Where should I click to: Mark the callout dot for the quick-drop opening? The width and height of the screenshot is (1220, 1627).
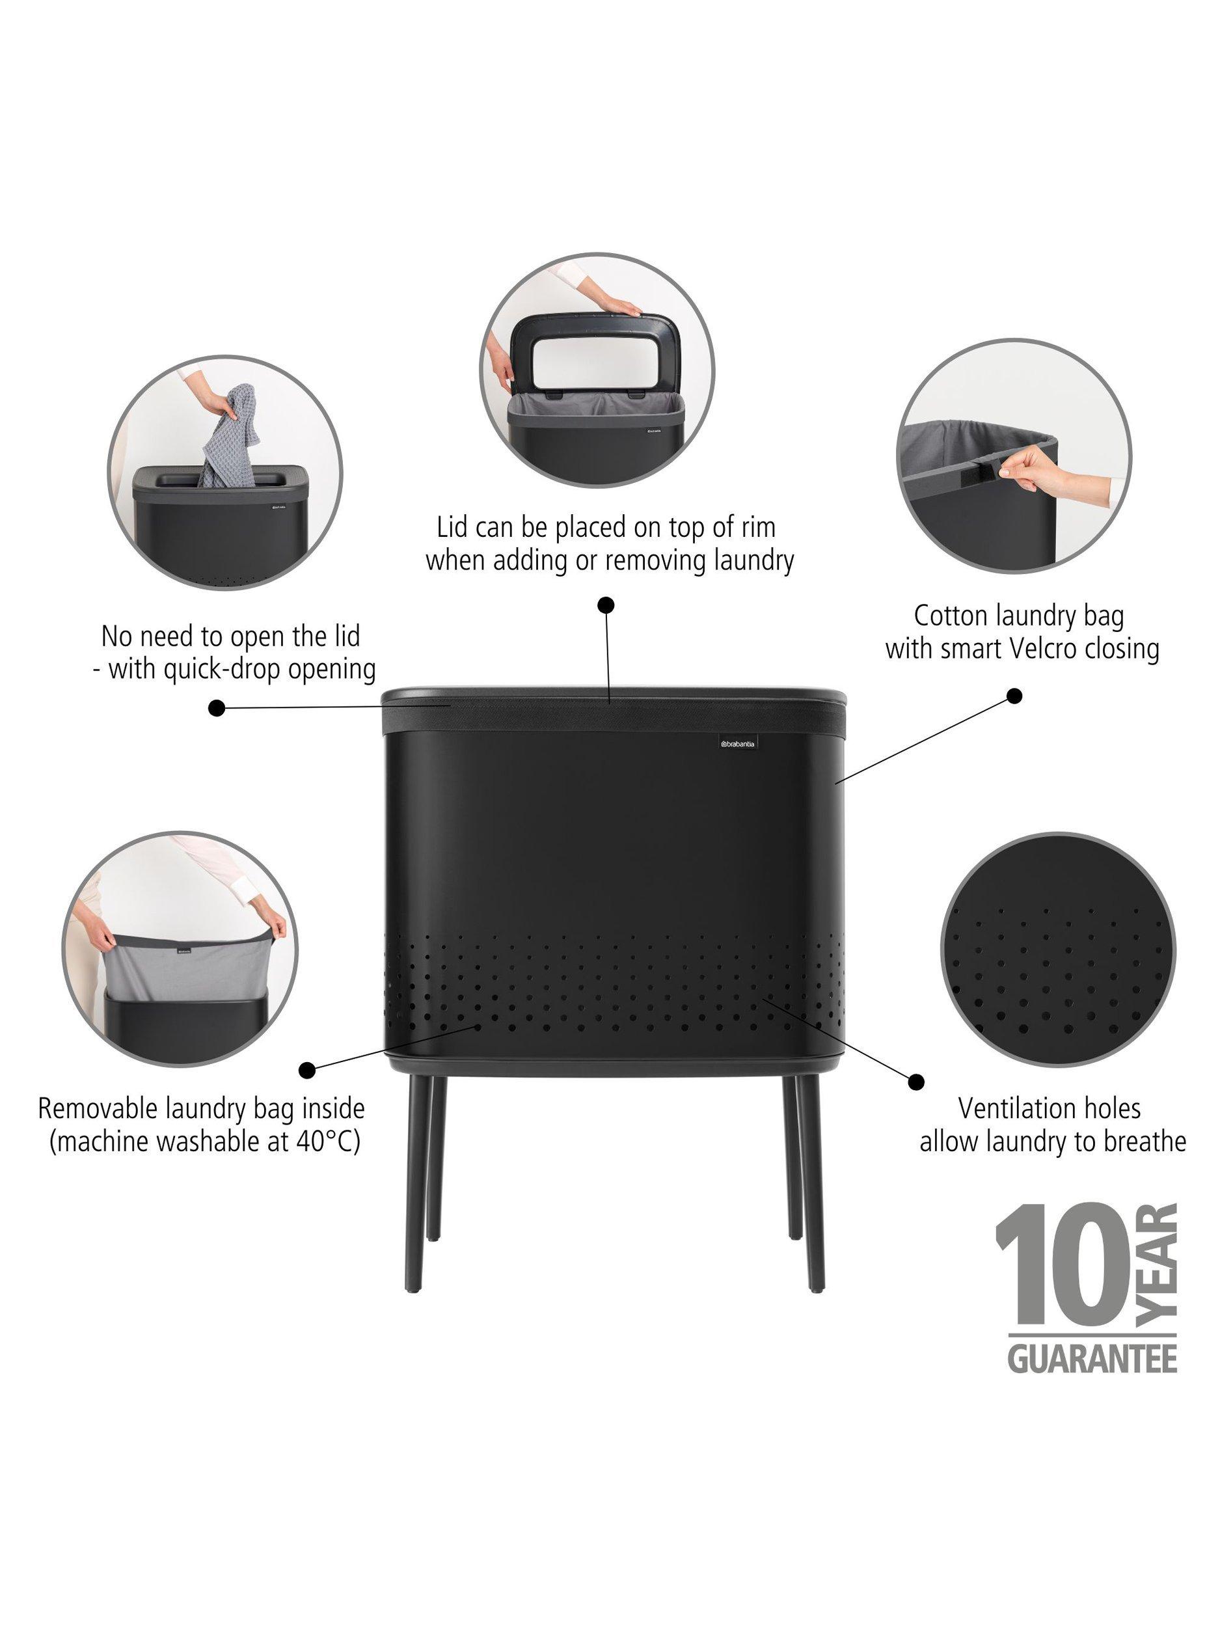coord(216,708)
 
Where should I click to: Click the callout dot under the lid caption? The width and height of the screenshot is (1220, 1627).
coord(606,605)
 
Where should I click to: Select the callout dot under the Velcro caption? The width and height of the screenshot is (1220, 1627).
coord(1014,696)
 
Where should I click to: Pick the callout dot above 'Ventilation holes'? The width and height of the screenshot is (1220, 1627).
coord(916,1081)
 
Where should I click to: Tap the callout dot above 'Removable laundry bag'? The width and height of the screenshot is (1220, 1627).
coord(309,1069)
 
